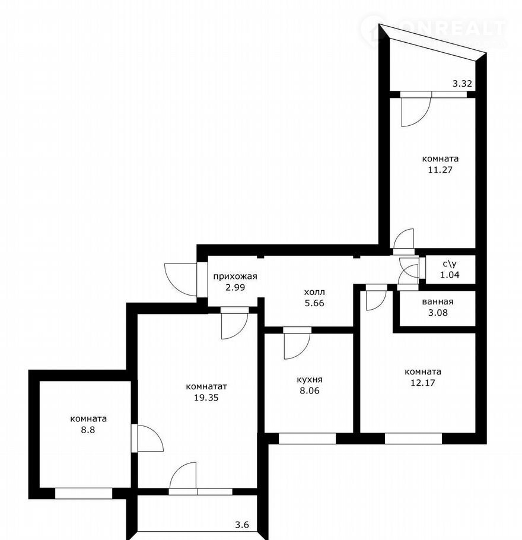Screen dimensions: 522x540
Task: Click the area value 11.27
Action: tap(440, 170)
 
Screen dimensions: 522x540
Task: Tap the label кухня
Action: tap(310, 380)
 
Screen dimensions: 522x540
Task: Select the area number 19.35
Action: tap(206, 398)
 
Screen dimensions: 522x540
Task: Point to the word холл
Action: tap(314, 292)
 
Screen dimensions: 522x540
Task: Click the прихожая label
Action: tap(235, 277)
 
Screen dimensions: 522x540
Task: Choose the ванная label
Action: tap(438, 301)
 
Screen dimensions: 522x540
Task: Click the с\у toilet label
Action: tap(450, 264)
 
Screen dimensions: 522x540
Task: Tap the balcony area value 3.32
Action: tap(462, 83)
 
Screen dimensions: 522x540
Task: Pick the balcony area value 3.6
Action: tap(241, 525)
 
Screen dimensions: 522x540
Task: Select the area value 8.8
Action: tap(88, 430)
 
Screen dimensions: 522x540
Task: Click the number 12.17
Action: tap(423, 383)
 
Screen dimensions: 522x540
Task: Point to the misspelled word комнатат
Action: tap(206, 387)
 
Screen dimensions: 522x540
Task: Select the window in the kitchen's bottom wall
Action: tap(307, 439)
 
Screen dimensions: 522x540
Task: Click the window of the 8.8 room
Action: tap(84, 493)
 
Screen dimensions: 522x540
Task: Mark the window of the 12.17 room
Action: tap(413, 439)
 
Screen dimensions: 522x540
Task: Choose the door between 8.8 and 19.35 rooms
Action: tap(134, 438)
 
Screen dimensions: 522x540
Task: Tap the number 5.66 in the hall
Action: tap(314, 303)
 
